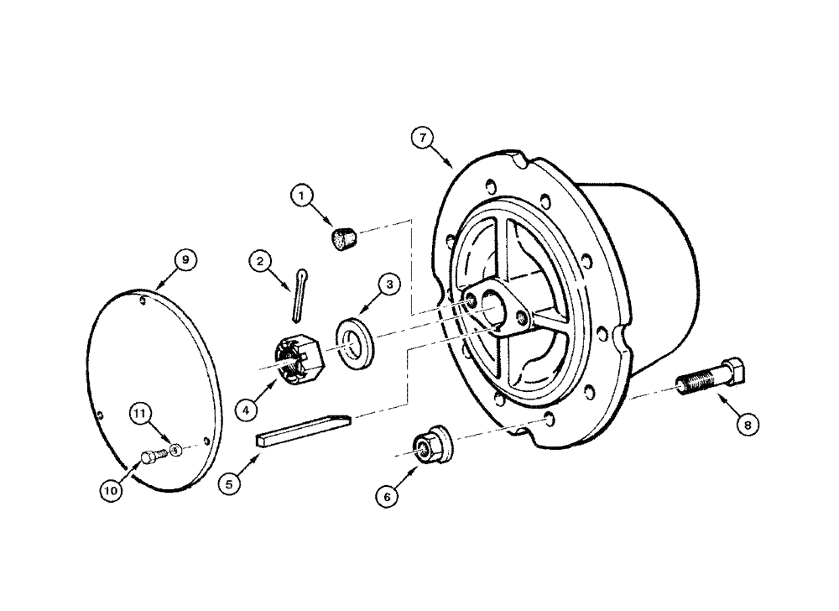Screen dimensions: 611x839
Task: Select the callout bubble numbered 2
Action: point(262,263)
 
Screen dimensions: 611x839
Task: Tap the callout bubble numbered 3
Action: point(388,286)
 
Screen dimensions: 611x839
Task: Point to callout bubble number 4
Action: point(246,411)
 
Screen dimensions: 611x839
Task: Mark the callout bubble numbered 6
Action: point(388,497)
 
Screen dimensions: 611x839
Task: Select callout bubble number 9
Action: point(185,260)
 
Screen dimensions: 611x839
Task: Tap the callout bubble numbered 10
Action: point(110,489)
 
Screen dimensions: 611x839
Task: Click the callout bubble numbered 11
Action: point(142,413)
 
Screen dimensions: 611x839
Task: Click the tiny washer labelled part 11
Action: point(175,450)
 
